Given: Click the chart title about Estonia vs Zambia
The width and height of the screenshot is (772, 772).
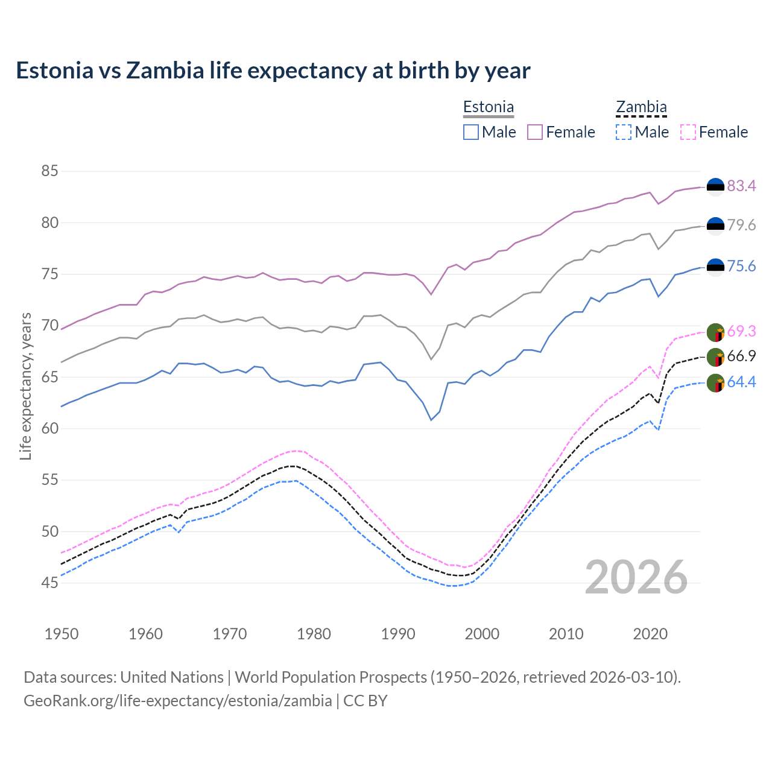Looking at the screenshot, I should pos(273,71).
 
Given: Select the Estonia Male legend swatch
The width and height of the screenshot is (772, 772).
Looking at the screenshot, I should pos(471,132).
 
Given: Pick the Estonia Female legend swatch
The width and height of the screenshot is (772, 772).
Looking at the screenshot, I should pos(535,132).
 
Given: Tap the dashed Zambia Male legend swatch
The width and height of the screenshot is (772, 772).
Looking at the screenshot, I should pos(624,132).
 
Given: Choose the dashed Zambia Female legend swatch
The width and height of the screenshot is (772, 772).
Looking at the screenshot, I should pos(688,132).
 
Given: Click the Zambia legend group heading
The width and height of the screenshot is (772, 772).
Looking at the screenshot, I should pos(641,107).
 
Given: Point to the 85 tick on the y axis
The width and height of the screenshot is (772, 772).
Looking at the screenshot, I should pos(49,171).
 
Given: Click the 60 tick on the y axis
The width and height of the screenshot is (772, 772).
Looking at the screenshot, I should pos(49,429).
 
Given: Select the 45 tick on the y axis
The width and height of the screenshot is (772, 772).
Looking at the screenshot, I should pos(49,583).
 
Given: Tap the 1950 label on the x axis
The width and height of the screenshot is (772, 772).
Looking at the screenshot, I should pos(62,634).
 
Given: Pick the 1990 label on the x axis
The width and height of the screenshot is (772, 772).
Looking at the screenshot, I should pos(398,634).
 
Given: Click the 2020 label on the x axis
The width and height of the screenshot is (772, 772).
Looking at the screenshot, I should pos(650,634).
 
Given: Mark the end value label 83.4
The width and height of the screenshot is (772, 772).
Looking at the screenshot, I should pos(741,186).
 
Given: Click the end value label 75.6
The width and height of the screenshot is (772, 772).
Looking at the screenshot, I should pos(741,267).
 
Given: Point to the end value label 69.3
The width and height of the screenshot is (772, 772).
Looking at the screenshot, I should pos(741,331).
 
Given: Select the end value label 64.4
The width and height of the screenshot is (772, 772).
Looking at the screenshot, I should pos(741,382).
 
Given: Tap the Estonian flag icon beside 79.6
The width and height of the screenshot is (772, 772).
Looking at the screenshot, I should pos(715,226).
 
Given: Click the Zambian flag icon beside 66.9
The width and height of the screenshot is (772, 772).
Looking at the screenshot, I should pos(715,357).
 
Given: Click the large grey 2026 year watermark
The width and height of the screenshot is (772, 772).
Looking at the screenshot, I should pos(636,577).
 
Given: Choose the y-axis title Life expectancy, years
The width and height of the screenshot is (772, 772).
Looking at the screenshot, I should pos(25,386).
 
